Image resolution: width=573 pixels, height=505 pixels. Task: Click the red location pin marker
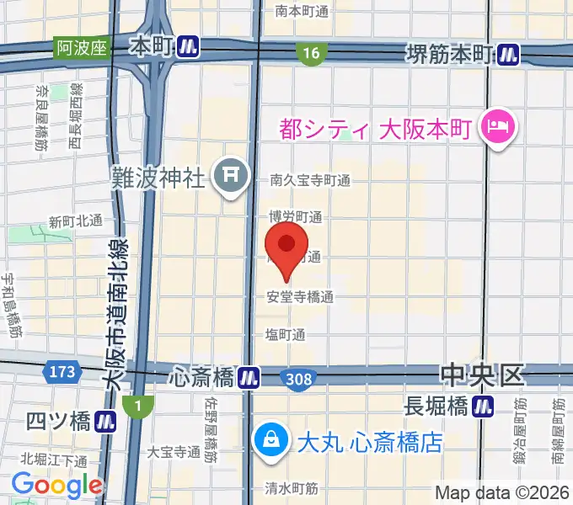pyautogui.click(x=286, y=246)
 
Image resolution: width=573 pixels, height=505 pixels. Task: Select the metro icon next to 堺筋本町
pyautogui.click(x=508, y=54)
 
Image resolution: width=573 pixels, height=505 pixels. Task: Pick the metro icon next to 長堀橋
pyautogui.click(x=484, y=407)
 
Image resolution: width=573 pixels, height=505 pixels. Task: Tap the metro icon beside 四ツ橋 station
pyautogui.click(x=105, y=420)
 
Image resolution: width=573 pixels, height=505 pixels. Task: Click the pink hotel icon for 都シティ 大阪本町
pyautogui.click(x=491, y=128)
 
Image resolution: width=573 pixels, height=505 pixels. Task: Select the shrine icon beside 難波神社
pyautogui.click(x=229, y=176)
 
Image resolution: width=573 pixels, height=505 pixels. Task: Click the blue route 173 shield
pyautogui.click(x=68, y=370)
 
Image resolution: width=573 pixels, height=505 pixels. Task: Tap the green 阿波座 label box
pyautogui.click(x=82, y=47)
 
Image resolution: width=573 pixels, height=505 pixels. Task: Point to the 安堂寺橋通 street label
pyautogui.click(x=300, y=296)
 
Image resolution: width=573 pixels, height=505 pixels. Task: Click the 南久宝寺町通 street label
pyautogui.click(x=310, y=179)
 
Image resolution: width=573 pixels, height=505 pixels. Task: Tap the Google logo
pyautogui.click(x=56, y=485)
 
